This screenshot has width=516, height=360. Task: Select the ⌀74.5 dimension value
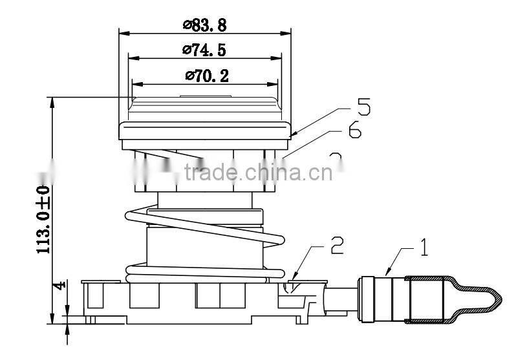[204, 49]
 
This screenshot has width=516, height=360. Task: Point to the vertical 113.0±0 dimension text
[43, 219]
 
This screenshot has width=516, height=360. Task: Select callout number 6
[354, 131]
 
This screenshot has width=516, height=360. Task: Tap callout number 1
[424, 248]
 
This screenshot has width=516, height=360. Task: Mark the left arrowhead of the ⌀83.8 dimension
[122, 32]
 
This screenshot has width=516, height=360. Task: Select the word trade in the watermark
[208, 173]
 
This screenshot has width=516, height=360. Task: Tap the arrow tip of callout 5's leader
[292, 136]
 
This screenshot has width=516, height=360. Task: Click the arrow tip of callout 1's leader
[387, 275]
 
